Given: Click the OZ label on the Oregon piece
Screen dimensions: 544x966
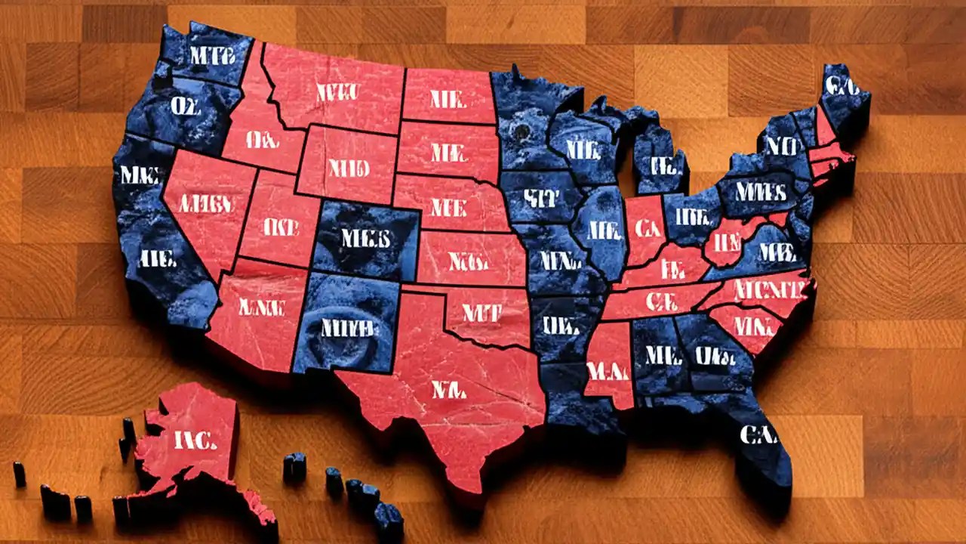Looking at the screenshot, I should click(x=181, y=105).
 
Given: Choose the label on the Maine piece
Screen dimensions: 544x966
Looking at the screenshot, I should click(x=842, y=86).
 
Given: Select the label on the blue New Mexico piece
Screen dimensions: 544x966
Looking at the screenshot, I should click(x=346, y=328).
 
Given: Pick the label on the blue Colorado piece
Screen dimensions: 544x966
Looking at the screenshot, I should click(x=365, y=239).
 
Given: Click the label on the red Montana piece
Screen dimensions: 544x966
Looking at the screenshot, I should click(x=337, y=92).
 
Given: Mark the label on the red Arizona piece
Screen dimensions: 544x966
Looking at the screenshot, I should click(x=260, y=307).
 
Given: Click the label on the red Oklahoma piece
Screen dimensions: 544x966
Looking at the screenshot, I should click(x=481, y=311).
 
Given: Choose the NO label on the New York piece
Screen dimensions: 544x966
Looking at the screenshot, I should click(x=778, y=146).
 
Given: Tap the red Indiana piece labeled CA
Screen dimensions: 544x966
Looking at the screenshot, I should click(x=643, y=226).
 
